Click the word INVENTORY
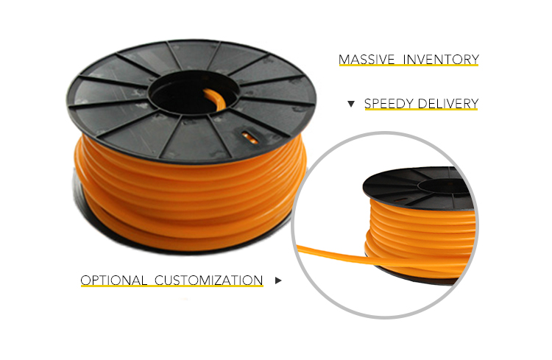tap(441, 59)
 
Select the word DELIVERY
tap(448, 104)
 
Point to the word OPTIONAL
tap(113, 280)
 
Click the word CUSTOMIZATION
tap(208, 280)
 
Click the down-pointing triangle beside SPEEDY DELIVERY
tap(350, 104)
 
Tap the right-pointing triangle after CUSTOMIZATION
tap(278, 280)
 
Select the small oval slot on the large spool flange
tap(250, 137)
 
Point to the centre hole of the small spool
tap(445, 185)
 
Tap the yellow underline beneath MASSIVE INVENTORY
tap(408, 66)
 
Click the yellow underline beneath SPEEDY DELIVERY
tap(421, 110)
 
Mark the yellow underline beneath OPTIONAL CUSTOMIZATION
tap(171, 286)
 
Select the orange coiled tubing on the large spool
tap(190, 197)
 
